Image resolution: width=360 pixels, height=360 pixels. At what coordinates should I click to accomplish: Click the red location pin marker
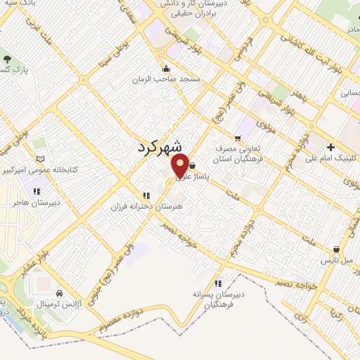pyautogui.click(x=181, y=166)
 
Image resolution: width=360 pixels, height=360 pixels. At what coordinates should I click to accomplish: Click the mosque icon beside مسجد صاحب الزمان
pyautogui.click(x=166, y=69)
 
